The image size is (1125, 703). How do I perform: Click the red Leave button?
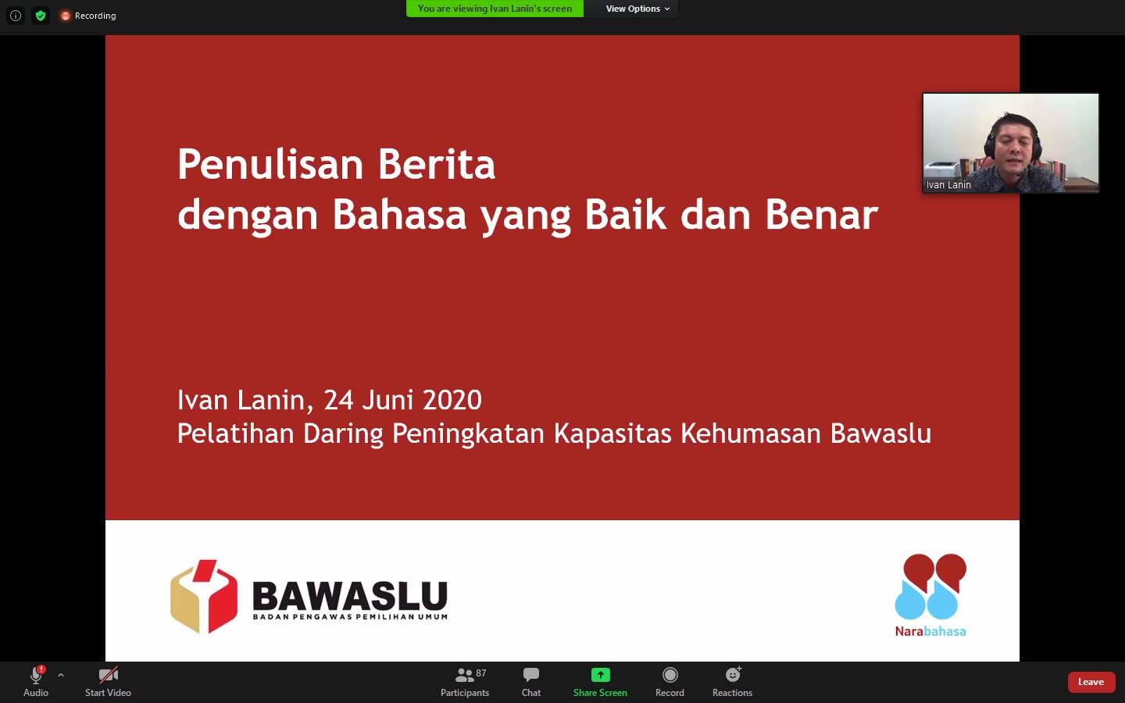[1091, 682]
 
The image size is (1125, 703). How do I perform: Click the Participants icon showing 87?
[466, 675]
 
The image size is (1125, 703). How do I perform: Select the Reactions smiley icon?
[733, 675]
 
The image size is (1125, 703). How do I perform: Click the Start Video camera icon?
[109, 675]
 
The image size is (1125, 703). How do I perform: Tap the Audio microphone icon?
[36, 675]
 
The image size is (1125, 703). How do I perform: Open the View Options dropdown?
[637, 9]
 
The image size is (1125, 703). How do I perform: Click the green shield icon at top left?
[41, 16]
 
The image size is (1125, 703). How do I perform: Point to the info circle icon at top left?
[16, 16]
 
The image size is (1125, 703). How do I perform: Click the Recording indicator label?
[95, 16]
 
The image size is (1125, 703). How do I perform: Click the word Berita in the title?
[437, 165]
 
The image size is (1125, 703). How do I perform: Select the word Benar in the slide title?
[821, 215]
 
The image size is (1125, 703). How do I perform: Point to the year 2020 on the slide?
[452, 400]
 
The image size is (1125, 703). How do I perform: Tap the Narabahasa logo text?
[930, 631]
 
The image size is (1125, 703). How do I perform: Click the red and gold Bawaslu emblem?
[204, 596]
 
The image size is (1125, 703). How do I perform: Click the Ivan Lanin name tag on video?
[948, 185]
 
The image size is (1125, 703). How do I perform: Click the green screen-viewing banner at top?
[495, 9]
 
